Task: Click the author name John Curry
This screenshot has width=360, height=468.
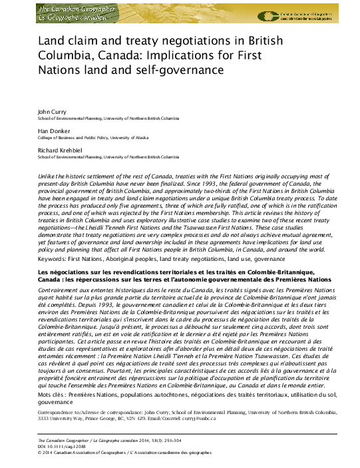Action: pyautogui.click(x=51, y=111)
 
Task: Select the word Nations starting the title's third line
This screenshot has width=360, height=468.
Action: pyautogui.click(x=58, y=69)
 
